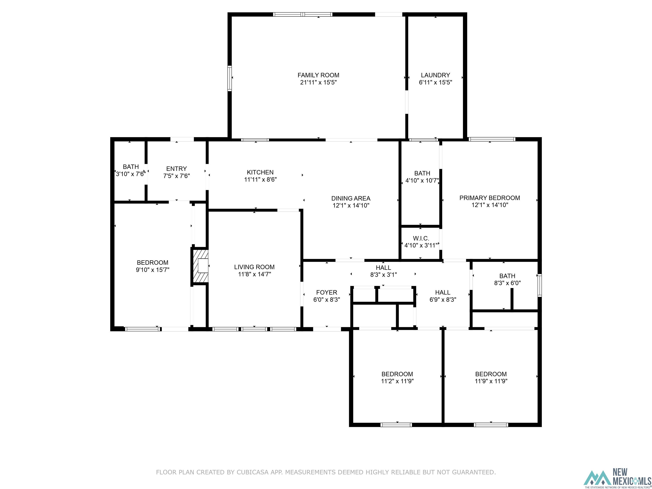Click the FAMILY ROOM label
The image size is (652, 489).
pyautogui.click(x=318, y=75)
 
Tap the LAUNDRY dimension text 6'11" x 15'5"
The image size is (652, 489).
pyautogui.click(x=435, y=83)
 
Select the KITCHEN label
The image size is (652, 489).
pyautogui.click(x=260, y=172)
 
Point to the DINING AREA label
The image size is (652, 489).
pyautogui.click(x=351, y=198)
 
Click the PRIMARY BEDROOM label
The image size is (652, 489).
pyautogui.click(x=490, y=198)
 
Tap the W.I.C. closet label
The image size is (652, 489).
pyautogui.click(x=421, y=238)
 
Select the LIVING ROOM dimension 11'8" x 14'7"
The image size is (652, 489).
pyautogui.click(x=254, y=274)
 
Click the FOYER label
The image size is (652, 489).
pyautogui.click(x=327, y=292)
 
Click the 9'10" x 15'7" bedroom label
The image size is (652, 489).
pyautogui.click(x=152, y=266)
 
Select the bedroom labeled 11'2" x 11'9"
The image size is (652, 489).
pyautogui.click(x=397, y=378)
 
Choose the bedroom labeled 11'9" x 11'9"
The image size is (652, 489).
pyautogui.click(x=491, y=378)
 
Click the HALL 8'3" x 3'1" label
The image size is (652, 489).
pyautogui.click(x=383, y=271)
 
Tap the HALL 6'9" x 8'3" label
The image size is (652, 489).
pyautogui.click(x=443, y=296)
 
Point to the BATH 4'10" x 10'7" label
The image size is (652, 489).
pyautogui.click(x=422, y=177)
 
